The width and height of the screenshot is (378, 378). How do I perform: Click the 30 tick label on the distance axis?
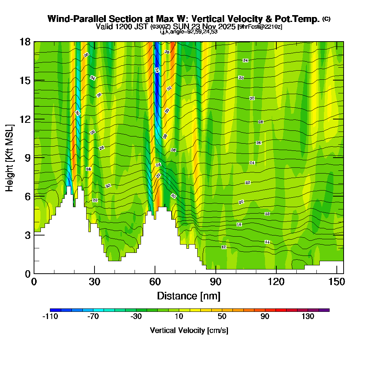point(94,282)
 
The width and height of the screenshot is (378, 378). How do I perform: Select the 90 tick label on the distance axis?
point(215,282)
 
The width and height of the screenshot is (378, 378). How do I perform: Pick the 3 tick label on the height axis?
point(27,235)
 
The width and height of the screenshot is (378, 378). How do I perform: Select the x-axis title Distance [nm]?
point(189,296)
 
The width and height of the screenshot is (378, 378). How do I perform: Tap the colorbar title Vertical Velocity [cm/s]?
point(189,330)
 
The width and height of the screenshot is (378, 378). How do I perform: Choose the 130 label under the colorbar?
point(308,317)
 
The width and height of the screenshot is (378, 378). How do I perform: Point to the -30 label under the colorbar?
point(136,317)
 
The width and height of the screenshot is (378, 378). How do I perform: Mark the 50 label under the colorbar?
point(222,317)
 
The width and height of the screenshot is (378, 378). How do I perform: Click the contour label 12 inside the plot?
point(224,247)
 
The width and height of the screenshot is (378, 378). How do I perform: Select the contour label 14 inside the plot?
point(267,242)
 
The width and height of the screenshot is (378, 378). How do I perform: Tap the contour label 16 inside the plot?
point(239,225)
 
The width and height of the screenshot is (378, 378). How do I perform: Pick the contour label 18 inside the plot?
point(267,214)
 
